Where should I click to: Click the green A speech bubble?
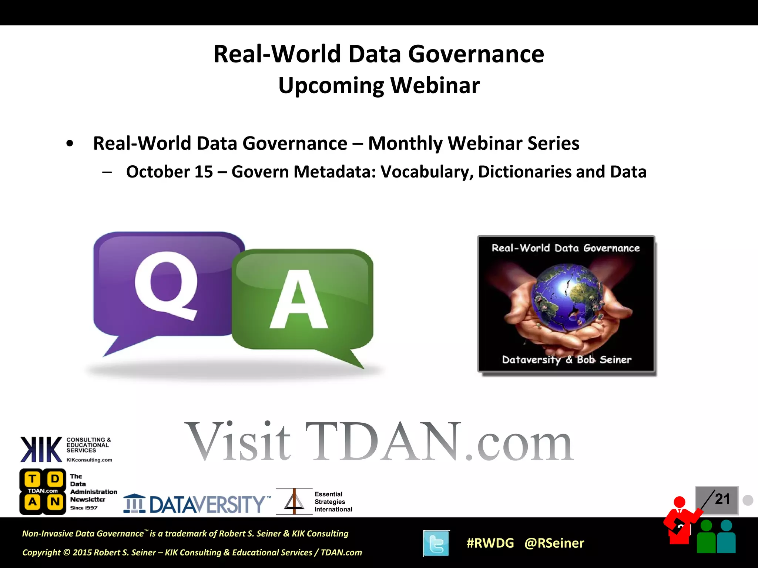pyautogui.click(x=302, y=300)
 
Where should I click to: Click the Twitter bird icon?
pyautogui.click(x=436, y=543)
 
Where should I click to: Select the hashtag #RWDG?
pyautogui.click(x=490, y=543)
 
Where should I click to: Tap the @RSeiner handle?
pyautogui.click(x=554, y=543)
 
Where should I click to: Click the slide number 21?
pyautogui.click(x=722, y=499)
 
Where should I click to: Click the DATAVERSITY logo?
pyautogui.click(x=196, y=504)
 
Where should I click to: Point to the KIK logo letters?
pyautogui.click(x=41, y=449)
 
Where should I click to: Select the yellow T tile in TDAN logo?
pyautogui.click(x=33, y=479)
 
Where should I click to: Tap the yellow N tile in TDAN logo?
pyautogui.click(x=55, y=502)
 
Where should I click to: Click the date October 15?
pyautogui.click(x=170, y=172)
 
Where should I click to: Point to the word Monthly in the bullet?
pyautogui.click(x=405, y=143)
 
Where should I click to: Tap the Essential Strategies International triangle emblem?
pyautogui.click(x=294, y=502)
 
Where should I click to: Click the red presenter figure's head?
pyautogui.click(x=680, y=502)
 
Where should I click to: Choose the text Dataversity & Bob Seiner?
pyautogui.click(x=566, y=360)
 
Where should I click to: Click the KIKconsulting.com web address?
pyautogui.click(x=89, y=460)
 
